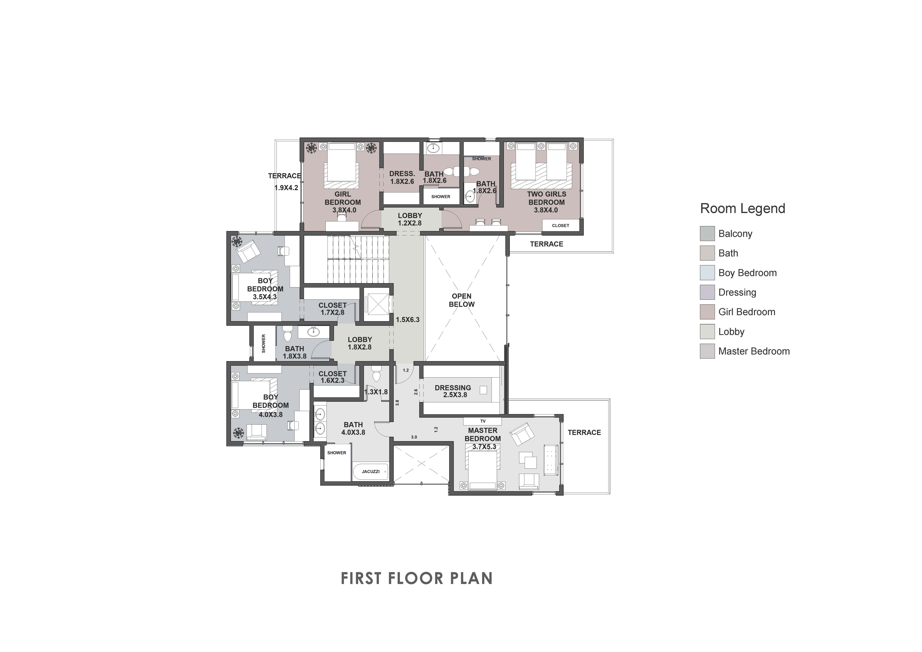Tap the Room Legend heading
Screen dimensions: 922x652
point(742,208)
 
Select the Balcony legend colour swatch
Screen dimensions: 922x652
point(707,234)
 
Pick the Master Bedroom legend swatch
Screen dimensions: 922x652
point(707,351)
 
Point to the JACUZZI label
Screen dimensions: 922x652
point(370,471)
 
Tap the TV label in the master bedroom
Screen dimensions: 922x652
point(483,421)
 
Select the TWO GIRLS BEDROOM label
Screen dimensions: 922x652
point(547,202)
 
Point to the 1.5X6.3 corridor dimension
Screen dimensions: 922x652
point(408,319)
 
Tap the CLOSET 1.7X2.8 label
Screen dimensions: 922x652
point(332,309)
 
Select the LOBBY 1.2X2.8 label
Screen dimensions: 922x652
point(410,219)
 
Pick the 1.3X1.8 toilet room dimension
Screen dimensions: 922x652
point(376,392)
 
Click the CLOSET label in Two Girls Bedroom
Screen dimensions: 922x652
point(561,226)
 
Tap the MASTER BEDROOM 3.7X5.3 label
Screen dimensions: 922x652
point(483,438)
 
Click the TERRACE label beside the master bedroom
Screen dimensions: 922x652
point(584,432)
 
